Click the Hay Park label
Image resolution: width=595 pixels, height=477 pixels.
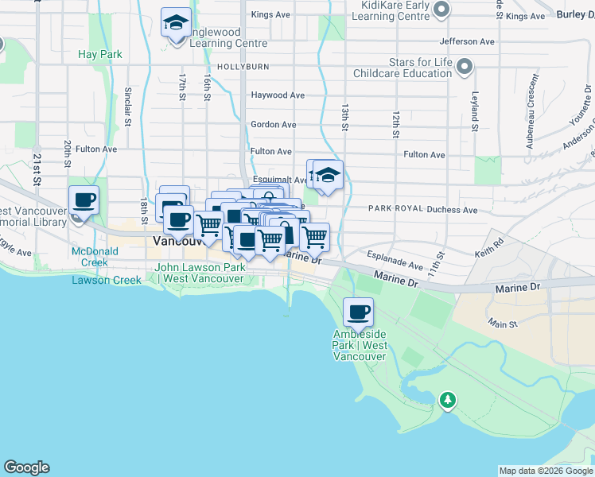(100, 54)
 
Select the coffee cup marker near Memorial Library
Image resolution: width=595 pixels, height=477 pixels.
(84, 200)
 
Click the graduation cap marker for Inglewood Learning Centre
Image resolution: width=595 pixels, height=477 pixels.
(176, 22)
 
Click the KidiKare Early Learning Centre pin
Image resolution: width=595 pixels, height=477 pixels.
(443, 10)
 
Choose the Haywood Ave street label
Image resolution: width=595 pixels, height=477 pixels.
(278, 95)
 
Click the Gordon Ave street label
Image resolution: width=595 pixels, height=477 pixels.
(273, 124)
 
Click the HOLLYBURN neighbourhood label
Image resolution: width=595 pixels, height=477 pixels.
(243, 67)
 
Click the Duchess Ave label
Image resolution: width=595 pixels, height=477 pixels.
(452, 210)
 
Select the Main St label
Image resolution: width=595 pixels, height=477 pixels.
(503, 324)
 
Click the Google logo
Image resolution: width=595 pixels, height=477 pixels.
(26, 467)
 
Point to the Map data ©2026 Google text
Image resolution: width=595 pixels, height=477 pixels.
(545, 471)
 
